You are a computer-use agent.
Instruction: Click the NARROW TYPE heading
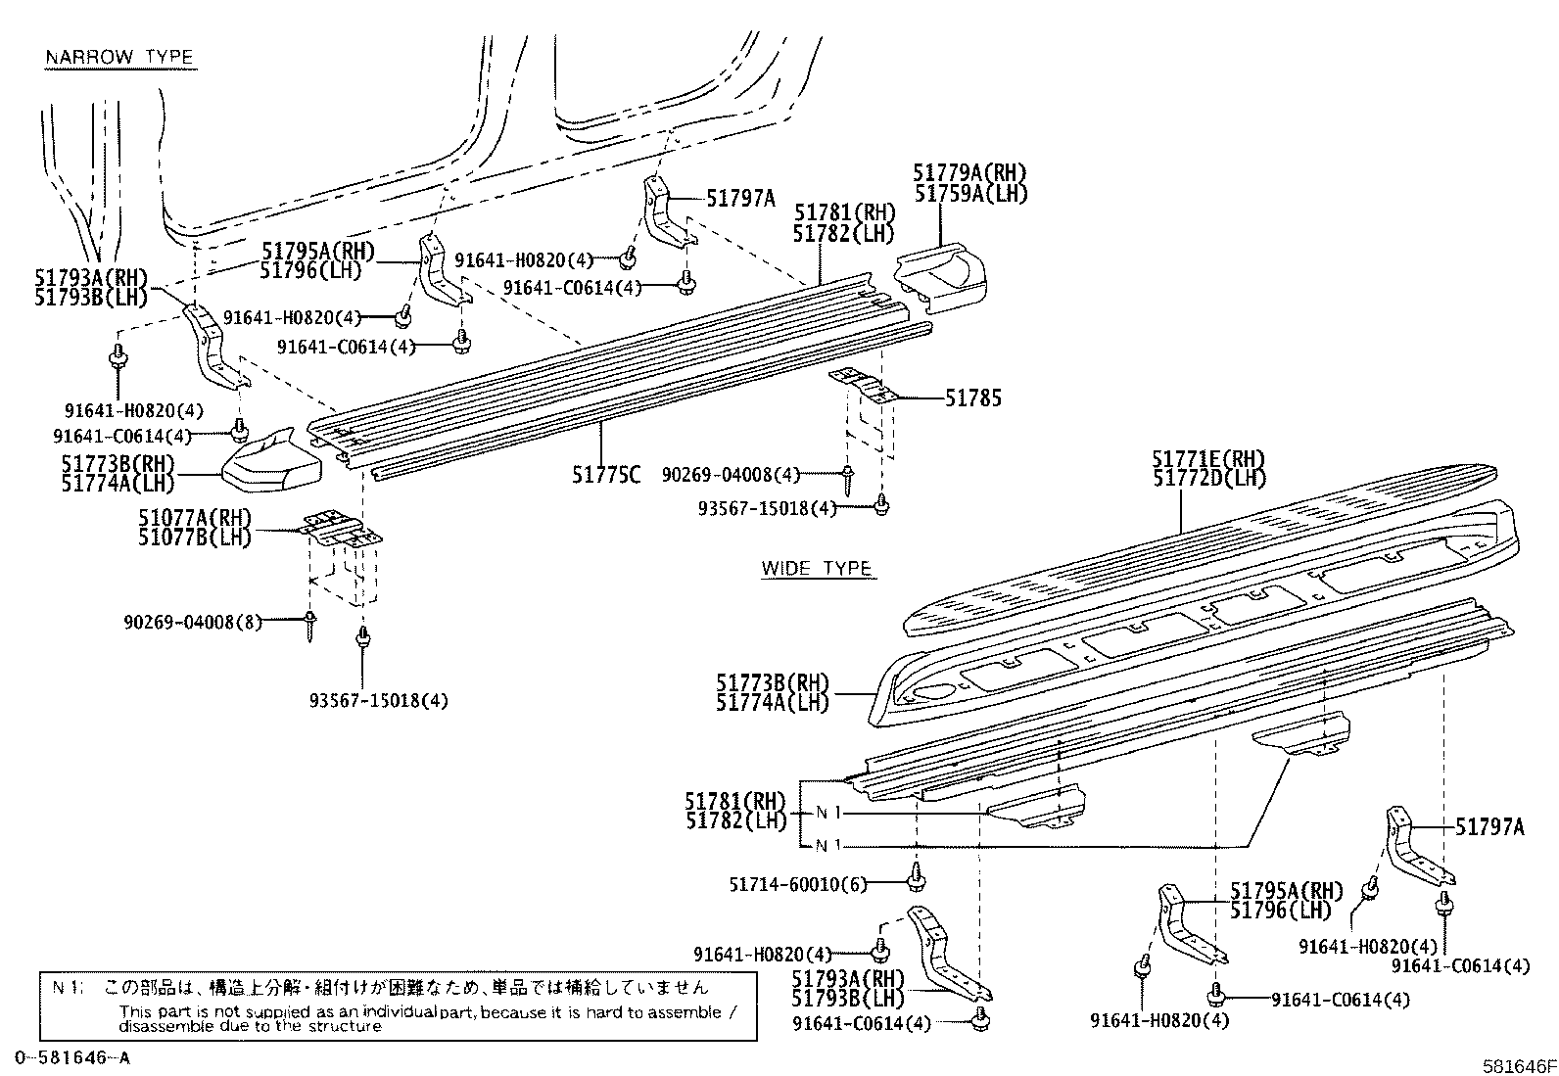point(119,58)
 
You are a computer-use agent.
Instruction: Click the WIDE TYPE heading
point(817,569)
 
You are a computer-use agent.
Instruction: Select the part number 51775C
point(606,475)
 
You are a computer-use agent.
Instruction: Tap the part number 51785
point(972,398)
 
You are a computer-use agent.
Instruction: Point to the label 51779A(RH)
point(970,173)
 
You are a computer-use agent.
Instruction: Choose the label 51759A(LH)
point(970,194)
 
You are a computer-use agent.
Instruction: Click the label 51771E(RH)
point(1208,459)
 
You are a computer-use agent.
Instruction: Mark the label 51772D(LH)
point(1208,479)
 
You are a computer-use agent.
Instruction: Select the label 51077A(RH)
point(194,518)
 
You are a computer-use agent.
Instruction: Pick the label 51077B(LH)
point(194,537)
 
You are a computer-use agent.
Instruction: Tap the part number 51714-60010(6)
point(798,884)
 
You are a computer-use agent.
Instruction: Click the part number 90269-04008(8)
point(193,622)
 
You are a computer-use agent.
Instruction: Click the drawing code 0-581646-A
point(72,1057)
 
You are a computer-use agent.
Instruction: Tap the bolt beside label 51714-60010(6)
point(917,878)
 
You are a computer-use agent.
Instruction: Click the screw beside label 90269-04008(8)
point(310,624)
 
